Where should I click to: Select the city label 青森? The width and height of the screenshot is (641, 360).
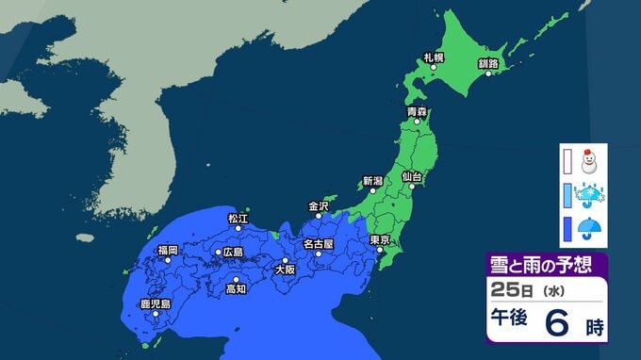point(417,112)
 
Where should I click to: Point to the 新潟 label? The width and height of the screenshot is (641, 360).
point(372,180)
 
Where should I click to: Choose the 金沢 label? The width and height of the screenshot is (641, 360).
point(319,205)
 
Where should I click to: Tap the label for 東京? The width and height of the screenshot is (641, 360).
point(380,239)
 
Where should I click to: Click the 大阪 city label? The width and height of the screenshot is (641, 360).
point(284,270)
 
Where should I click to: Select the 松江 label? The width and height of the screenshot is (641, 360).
point(237,218)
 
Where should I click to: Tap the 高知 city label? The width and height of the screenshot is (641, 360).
point(236,289)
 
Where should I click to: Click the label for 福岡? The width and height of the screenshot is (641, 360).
point(168,250)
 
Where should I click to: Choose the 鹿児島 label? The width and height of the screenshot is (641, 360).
point(155,304)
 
